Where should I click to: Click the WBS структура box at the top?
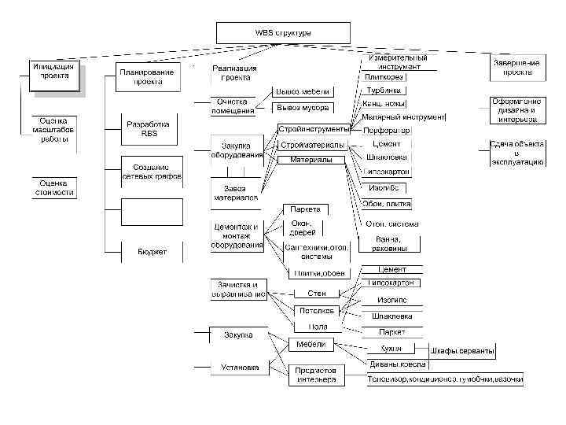pos(283,33)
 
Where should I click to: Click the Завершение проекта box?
pos(517,67)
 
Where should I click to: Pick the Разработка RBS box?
pos(149,129)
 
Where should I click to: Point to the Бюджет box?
pos(152,252)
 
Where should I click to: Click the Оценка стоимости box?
pos(53,187)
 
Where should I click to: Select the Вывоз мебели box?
pos(303,92)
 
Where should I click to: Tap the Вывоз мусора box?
pos(303,108)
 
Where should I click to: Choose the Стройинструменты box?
pos(313,129)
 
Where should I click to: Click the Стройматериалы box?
pos(313,146)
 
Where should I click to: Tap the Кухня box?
pos(393,348)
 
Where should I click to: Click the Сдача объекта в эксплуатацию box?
pos(516,153)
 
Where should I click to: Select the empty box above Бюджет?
pos(152,211)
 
